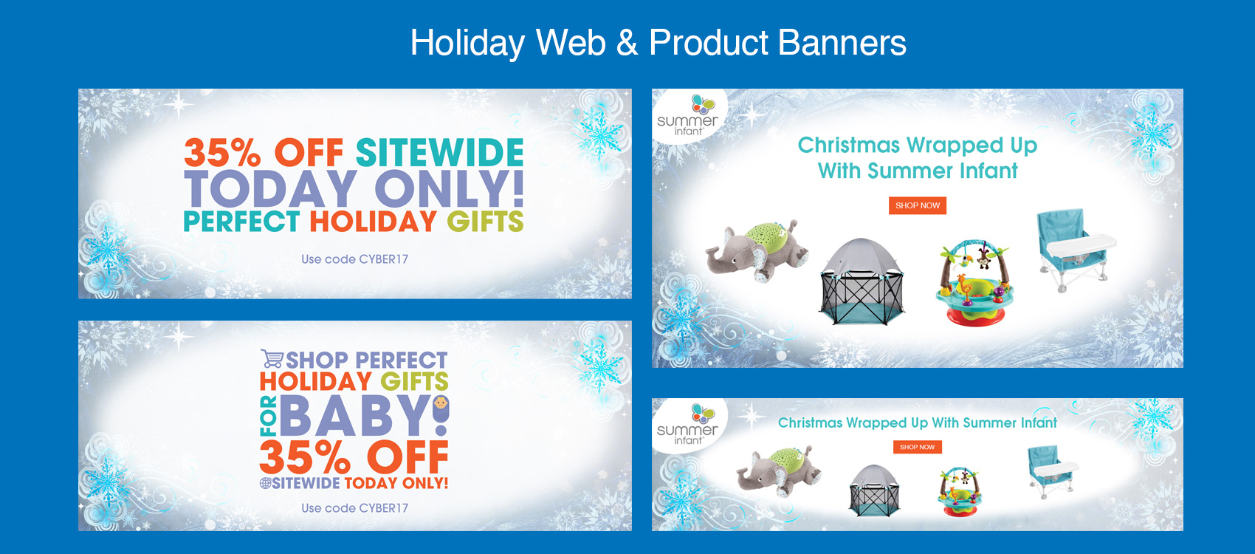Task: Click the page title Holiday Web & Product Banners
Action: pos(658,43)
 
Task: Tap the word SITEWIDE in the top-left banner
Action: pos(439,153)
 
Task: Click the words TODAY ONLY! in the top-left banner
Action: pos(354,189)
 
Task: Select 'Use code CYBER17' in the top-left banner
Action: pos(354,259)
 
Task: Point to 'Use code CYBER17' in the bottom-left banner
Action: pos(354,508)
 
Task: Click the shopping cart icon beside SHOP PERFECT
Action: pos(272,359)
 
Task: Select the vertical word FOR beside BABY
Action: pos(268,416)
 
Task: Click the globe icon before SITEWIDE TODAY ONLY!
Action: pos(265,483)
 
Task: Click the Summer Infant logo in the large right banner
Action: pos(688,116)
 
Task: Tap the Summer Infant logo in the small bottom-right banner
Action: pos(688,425)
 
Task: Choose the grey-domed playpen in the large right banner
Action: pos(862,281)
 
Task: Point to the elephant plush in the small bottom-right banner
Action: pos(779,471)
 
